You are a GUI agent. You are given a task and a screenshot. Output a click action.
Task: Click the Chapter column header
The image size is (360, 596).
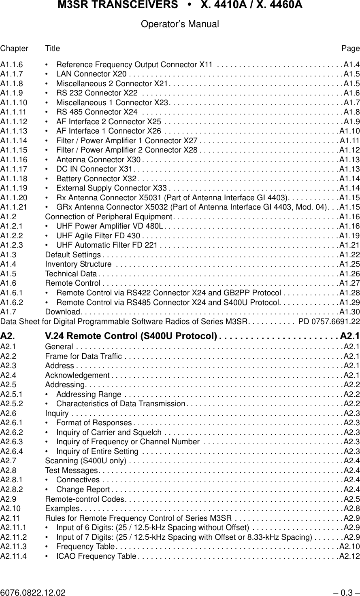tap(14, 49)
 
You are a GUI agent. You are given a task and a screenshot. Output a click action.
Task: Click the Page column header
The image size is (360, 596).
tap(350, 49)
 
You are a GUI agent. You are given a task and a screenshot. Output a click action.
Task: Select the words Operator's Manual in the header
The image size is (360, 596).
tap(180, 24)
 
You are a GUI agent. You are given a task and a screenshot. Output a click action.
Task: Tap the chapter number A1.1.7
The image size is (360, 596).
tap(12, 74)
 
